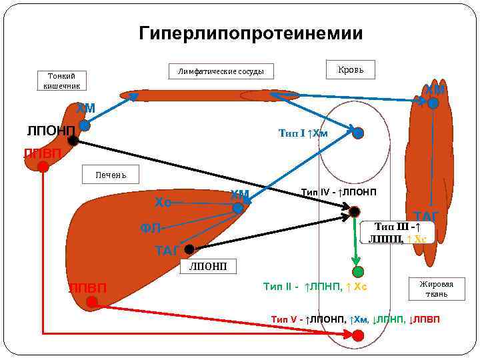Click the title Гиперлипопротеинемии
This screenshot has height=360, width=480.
click(x=251, y=33)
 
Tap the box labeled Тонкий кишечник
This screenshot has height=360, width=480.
click(x=61, y=80)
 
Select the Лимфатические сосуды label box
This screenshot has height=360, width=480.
click(x=221, y=71)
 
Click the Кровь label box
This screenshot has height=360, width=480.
click(x=351, y=69)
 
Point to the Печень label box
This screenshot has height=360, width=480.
click(x=110, y=175)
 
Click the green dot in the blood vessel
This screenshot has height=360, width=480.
click(x=358, y=271)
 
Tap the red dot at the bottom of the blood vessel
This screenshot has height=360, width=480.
click(x=358, y=335)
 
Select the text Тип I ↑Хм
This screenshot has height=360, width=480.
click(x=303, y=133)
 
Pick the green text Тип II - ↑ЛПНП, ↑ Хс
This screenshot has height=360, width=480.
click(x=315, y=287)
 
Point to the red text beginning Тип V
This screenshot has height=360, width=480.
click(x=355, y=319)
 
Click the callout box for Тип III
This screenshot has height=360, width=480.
click(x=397, y=232)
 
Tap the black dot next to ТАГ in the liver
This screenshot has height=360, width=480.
click(x=189, y=249)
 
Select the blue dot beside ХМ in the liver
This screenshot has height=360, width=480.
click(x=238, y=208)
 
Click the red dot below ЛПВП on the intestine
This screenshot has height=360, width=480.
click(x=43, y=167)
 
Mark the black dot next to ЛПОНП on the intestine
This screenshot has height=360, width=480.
click(x=73, y=140)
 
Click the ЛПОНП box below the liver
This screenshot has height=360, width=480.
click(x=208, y=267)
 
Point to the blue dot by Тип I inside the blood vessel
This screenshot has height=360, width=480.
click(x=358, y=133)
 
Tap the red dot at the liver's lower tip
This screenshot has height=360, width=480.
click(x=92, y=302)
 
